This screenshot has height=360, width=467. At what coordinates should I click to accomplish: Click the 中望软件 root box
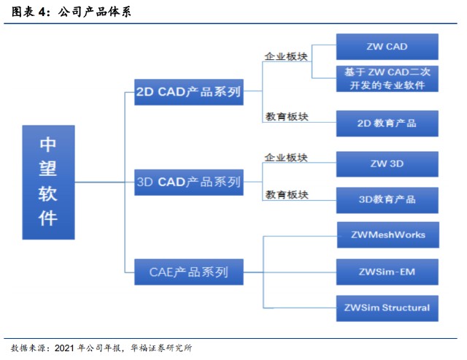(48, 182)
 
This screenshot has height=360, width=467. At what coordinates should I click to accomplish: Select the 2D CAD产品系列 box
(188, 93)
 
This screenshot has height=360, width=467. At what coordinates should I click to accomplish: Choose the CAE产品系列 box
(188, 272)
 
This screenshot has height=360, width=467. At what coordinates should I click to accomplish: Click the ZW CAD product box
(387, 47)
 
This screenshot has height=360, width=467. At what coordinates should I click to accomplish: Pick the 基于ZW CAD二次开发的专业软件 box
(387, 79)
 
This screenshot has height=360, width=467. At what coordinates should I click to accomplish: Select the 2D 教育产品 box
(387, 123)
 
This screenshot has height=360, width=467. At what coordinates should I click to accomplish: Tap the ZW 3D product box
(387, 164)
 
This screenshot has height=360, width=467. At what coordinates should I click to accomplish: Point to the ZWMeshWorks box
(387, 235)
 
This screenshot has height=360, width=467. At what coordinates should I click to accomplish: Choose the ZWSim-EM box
(387, 272)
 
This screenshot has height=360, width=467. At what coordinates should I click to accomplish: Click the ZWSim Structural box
(387, 307)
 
